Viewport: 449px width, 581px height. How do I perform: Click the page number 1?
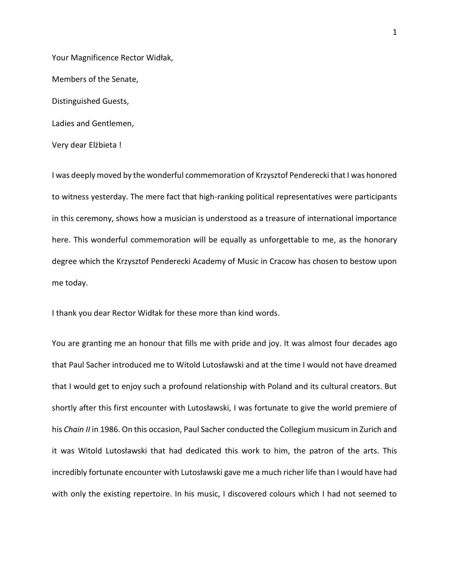394,32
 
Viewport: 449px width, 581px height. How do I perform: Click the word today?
77,283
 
